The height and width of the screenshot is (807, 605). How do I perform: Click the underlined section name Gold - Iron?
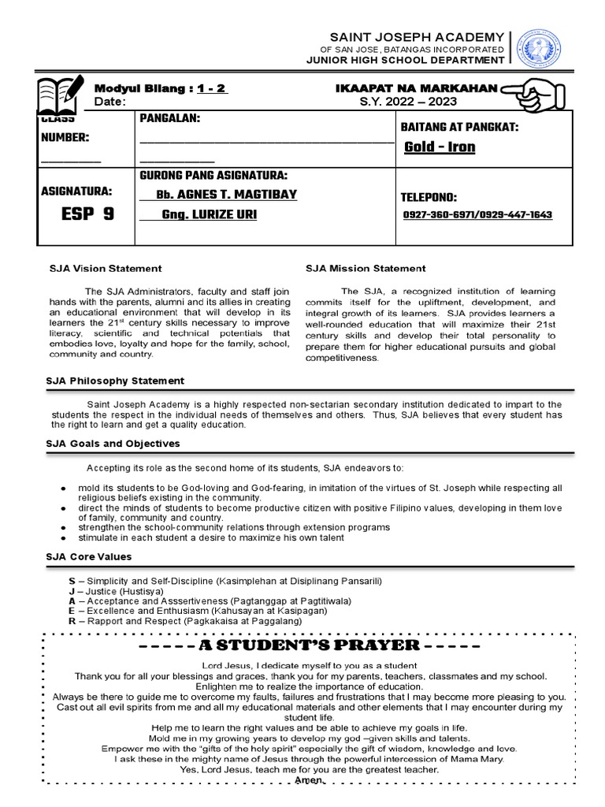440,147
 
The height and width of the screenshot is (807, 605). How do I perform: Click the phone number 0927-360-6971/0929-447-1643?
477,215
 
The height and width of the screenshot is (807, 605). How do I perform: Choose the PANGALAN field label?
170,118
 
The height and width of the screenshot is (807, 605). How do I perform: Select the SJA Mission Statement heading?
366,269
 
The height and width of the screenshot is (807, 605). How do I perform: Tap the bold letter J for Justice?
72,591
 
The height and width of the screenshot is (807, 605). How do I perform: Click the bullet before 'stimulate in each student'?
62,537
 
